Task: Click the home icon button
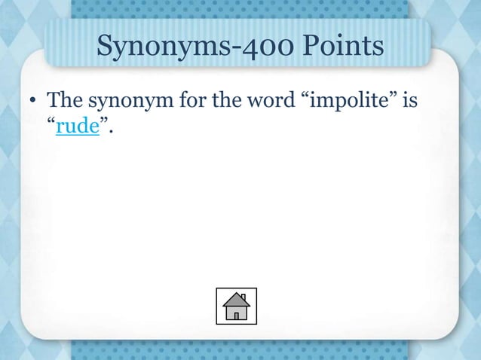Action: tap(236, 306)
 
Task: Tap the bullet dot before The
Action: tap(33, 101)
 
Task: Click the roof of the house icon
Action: tap(236, 299)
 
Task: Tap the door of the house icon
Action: tap(236, 316)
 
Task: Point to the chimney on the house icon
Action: tap(243, 296)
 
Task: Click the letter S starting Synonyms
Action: tap(106, 47)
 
